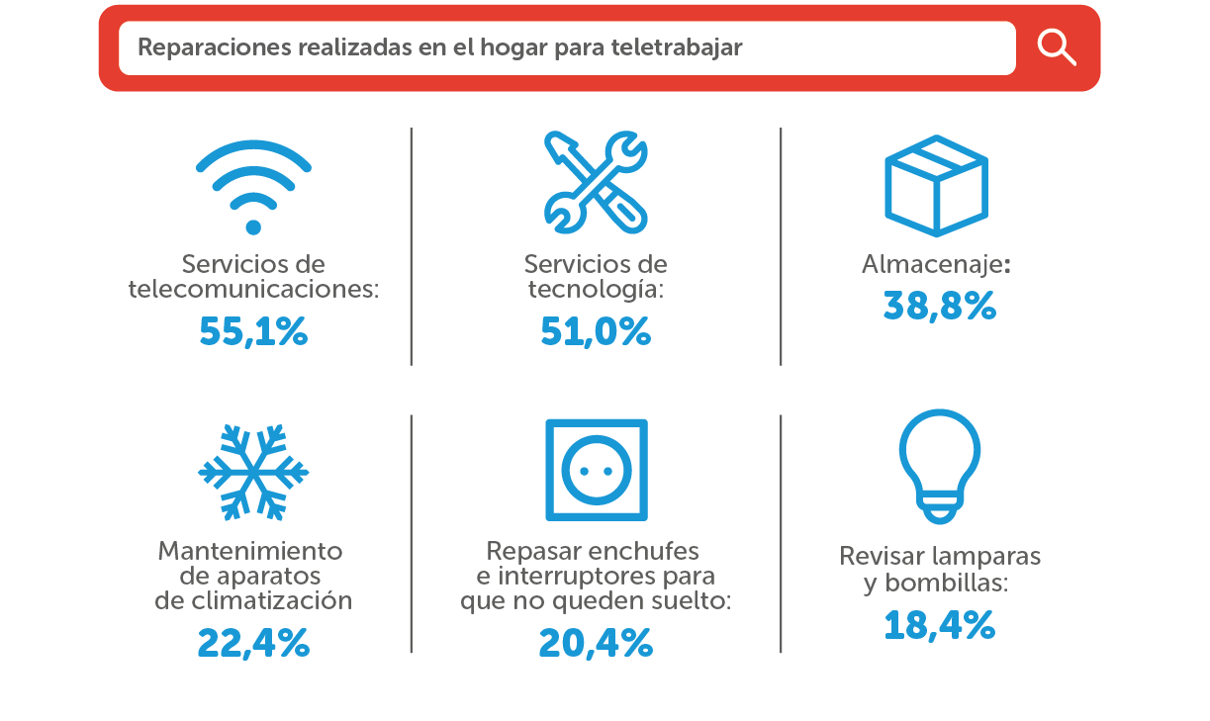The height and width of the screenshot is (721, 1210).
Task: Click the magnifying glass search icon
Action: (x=1056, y=46)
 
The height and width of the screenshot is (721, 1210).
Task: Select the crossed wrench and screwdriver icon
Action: (x=596, y=182)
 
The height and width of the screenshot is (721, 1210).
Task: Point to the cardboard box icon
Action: (x=936, y=185)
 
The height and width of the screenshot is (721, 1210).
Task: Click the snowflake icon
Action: (x=253, y=473)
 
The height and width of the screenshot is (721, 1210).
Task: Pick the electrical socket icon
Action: (x=597, y=471)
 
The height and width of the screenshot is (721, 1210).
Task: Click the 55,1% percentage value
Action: (x=253, y=332)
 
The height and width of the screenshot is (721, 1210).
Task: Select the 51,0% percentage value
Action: (x=596, y=332)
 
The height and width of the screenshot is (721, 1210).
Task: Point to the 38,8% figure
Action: (x=939, y=308)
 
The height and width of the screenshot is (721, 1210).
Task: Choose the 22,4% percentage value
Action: (x=253, y=644)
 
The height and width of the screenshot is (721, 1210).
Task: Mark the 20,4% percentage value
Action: (x=596, y=644)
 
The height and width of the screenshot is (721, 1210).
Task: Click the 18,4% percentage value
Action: (x=939, y=625)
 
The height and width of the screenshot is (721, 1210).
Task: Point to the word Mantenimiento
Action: (x=250, y=551)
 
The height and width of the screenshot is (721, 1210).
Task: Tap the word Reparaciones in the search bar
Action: (x=196, y=47)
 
